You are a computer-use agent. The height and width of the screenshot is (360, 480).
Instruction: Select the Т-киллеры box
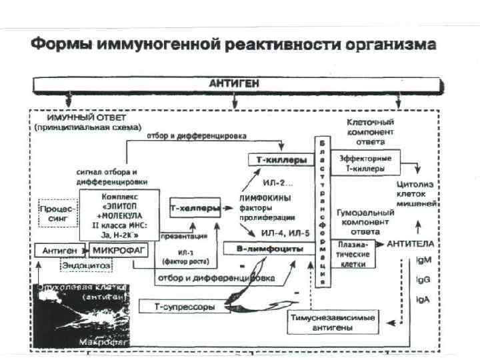pos(281,161)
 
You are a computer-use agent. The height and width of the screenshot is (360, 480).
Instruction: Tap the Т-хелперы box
pos(195,209)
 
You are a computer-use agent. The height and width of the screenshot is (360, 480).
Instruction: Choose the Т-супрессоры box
pos(182,305)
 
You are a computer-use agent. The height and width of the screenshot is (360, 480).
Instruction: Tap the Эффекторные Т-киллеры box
pos(362,163)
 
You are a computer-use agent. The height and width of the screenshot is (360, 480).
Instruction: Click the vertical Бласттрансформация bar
pos(323,211)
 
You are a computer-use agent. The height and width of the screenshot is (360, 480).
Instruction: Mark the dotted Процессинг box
pos(56,213)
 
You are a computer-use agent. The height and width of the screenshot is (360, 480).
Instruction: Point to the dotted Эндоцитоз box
pos(86,265)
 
